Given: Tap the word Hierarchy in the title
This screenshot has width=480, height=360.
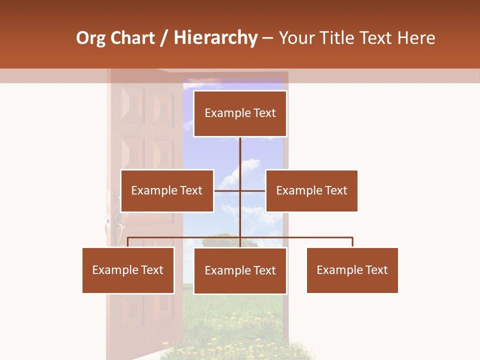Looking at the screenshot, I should coord(215,38).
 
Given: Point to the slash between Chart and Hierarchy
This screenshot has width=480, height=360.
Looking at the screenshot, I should coord(164,38).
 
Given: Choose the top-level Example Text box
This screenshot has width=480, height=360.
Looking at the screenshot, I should coord(240,113).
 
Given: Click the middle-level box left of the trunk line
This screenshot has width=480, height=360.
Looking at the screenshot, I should coord(167,190).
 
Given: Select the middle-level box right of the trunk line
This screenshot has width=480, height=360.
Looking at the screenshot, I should coord(311,190).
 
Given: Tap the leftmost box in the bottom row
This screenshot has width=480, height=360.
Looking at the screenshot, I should coord(128,270).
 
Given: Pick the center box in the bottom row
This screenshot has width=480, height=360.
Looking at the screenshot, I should coord(240,270).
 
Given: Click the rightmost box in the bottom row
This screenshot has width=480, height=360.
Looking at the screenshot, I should coord(352,270).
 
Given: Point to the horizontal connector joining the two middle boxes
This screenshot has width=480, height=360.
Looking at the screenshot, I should coord(227,190).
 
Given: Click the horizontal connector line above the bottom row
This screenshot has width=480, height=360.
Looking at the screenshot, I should coord(185,237).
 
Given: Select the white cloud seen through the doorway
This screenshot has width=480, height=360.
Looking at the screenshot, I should coord(240,170).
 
